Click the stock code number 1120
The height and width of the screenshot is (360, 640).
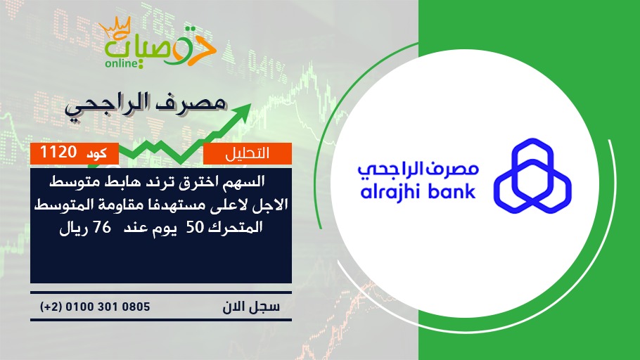58,153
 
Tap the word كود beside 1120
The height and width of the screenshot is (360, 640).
97,153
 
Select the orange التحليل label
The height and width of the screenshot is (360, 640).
248,153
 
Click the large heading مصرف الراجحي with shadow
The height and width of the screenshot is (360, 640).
146,105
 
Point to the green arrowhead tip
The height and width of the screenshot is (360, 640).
250,104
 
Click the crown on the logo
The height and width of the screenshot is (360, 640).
115,28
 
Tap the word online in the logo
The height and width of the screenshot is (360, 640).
121,63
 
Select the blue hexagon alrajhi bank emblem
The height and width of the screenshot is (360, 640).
532,176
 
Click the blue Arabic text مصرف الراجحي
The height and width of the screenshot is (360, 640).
418,169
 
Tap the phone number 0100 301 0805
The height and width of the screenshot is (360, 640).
108,307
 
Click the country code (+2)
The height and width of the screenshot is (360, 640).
51,307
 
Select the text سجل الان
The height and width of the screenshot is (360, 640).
251,307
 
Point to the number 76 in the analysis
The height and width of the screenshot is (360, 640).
102,227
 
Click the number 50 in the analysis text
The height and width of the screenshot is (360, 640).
195,228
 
